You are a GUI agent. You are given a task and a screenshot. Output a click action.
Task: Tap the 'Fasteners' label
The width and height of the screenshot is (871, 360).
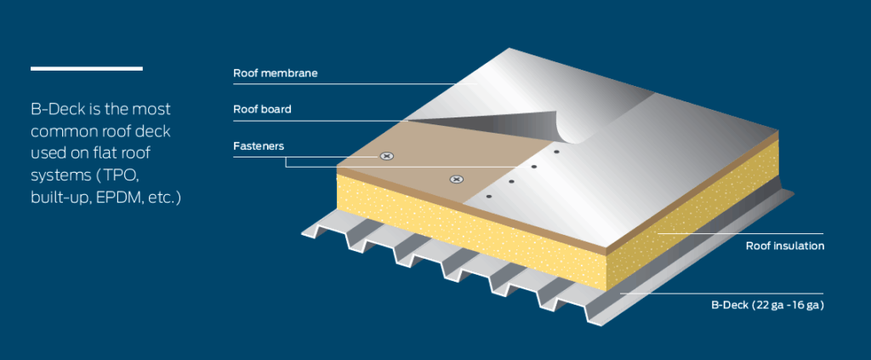click(x=259, y=146)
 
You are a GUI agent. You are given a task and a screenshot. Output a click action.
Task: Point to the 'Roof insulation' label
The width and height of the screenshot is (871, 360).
click(x=785, y=246)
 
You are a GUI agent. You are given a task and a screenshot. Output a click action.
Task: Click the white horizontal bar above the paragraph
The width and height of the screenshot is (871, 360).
click(x=86, y=68)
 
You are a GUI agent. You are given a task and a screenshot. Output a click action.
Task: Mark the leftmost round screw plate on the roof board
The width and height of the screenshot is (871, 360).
click(x=388, y=156)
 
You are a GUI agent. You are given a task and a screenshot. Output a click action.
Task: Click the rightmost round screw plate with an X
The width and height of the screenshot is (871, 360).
click(x=457, y=179)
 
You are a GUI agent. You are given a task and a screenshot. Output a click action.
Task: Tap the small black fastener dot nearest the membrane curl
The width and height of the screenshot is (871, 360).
click(x=555, y=152)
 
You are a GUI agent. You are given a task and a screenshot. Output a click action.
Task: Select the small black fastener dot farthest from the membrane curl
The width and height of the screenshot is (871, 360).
click(x=489, y=197)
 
